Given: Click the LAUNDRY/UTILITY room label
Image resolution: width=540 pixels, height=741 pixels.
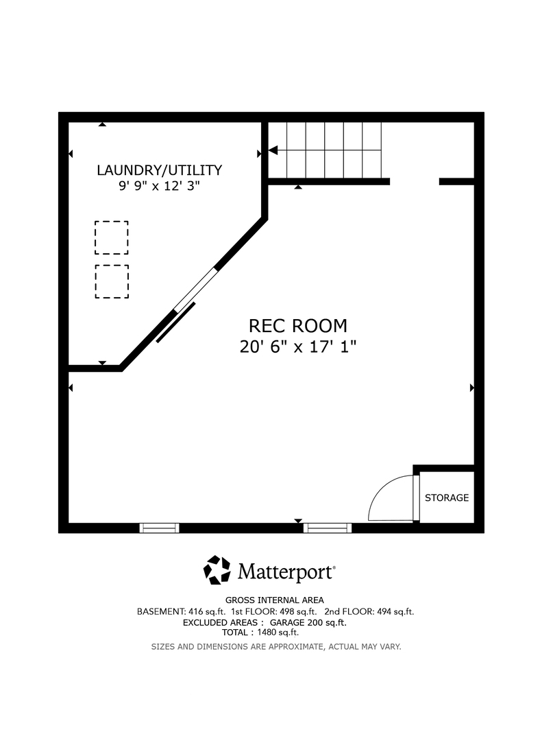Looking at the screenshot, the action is (x=160, y=170).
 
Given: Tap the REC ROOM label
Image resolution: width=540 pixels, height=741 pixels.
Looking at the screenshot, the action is (x=298, y=326).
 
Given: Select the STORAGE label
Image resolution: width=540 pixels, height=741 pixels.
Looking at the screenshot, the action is (x=447, y=497).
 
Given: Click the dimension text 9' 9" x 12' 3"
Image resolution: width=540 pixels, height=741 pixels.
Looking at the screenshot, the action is (x=160, y=186).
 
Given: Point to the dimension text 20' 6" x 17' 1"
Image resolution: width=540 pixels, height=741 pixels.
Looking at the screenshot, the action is (x=298, y=346).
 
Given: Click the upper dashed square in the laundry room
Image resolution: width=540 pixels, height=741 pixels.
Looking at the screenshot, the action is (x=112, y=237).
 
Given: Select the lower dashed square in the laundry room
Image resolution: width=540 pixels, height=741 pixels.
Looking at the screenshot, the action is (x=112, y=281).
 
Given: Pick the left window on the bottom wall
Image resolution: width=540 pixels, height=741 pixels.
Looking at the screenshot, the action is (x=160, y=528).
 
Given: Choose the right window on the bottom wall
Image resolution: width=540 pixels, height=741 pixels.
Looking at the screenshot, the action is (x=328, y=528).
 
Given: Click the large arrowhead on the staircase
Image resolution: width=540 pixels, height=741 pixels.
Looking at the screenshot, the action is (x=273, y=151).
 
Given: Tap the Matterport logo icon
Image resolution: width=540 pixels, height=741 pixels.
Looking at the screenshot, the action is (x=217, y=569).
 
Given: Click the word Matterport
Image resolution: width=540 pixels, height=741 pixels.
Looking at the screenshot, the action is (x=286, y=572).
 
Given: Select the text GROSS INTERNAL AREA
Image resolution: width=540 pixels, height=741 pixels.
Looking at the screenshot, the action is (x=275, y=600).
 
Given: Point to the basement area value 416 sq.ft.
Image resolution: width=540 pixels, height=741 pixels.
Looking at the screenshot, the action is (x=207, y=611).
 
